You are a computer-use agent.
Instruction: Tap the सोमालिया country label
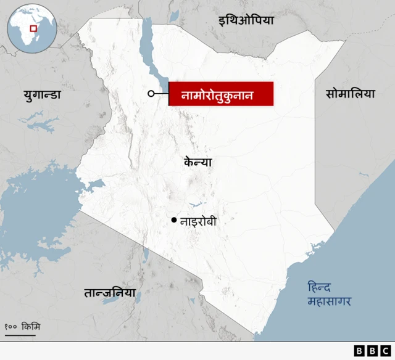click(x=350, y=94)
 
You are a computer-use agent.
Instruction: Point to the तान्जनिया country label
click(x=109, y=292)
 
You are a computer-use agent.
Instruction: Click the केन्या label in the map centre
click(x=198, y=162)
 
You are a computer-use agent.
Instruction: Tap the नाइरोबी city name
click(x=198, y=220)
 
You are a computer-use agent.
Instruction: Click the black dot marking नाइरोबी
click(x=174, y=220)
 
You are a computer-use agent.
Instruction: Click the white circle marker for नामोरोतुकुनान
click(x=151, y=94)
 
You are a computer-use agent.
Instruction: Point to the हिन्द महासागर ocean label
click(x=330, y=294)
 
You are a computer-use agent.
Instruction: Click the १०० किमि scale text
click(x=22, y=325)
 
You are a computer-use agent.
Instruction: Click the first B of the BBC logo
click(x=359, y=351)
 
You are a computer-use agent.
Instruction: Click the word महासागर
click(x=330, y=301)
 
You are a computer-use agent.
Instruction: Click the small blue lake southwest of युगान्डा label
click(x=40, y=124)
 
